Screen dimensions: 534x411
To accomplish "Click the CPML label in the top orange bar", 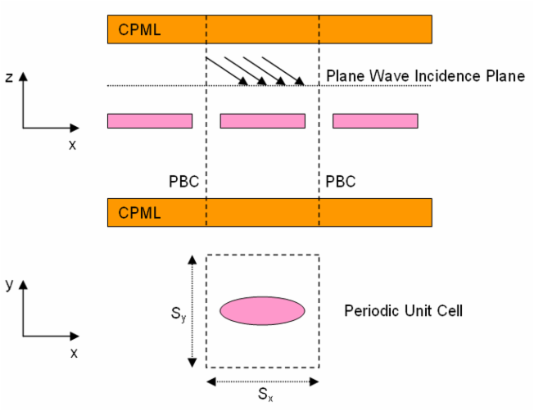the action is pyautogui.click(x=139, y=29).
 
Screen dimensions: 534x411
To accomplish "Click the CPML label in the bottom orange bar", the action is pyautogui.click(x=139, y=213).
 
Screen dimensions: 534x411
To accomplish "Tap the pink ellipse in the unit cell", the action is pyautogui.click(x=262, y=310).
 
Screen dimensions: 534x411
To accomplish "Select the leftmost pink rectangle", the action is pyautogui.click(x=150, y=121).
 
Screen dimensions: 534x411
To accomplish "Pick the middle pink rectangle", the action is pyautogui.click(x=263, y=121).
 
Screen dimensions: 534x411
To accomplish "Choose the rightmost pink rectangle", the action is pyautogui.click(x=375, y=121).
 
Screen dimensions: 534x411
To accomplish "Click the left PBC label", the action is pyautogui.click(x=184, y=182).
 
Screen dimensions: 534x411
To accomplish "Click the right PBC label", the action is pyautogui.click(x=341, y=182).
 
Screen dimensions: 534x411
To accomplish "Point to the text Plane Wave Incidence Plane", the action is pyautogui.click(x=426, y=75).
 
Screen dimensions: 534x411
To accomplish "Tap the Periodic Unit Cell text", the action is pyautogui.click(x=403, y=310).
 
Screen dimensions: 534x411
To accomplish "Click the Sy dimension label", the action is pyautogui.click(x=179, y=314).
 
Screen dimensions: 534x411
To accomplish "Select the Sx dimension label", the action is pyautogui.click(x=265, y=395).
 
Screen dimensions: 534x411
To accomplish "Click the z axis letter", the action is pyautogui.click(x=9, y=77).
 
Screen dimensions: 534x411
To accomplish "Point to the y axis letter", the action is pyautogui.click(x=9, y=283).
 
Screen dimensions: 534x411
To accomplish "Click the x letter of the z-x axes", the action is pyautogui.click(x=72, y=145).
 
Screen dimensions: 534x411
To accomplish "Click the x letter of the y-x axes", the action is pyautogui.click(x=74, y=353).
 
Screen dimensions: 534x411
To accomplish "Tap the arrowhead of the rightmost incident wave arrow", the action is pyautogui.click(x=300, y=81).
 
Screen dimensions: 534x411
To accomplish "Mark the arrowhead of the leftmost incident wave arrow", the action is pyautogui.click(x=243, y=81).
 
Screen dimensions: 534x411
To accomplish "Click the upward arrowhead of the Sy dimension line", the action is pyautogui.click(x=192, y=260).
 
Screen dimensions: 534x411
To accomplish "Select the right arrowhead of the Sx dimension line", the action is pyautogui.click(x=314, y=382).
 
